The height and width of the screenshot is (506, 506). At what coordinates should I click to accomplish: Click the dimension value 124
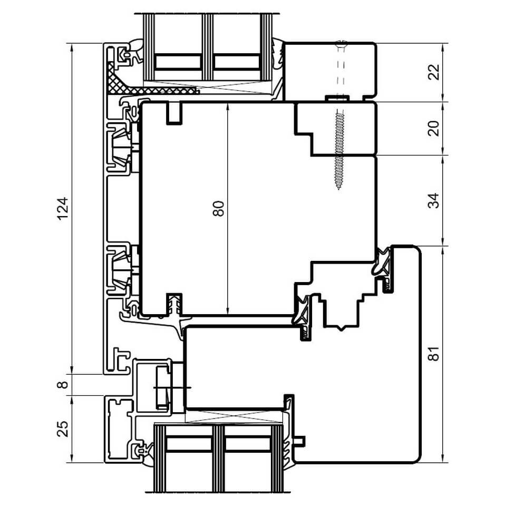tap(63, 209)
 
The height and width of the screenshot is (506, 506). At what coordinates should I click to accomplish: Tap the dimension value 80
tap(218, 209)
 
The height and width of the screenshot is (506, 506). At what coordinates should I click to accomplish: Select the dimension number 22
tap(435, 72)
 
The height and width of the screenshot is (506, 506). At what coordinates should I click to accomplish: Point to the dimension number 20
tap(435, 129)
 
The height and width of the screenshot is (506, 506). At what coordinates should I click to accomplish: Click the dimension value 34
tap(435, 200)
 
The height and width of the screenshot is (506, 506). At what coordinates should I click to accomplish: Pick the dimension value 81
tap(435, 353)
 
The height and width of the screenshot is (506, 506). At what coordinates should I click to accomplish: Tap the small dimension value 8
tap(64, 384)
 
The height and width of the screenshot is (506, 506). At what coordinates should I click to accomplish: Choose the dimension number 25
tap(63, 429)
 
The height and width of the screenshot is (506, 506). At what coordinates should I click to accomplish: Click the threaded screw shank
tap(338, 149)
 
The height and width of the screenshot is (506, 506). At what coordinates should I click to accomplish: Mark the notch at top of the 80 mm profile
tap(174, 113)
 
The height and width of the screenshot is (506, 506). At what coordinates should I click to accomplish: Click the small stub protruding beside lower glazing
tap(300, 441)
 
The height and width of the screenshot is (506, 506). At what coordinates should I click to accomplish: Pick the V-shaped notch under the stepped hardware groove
tap(341, 328)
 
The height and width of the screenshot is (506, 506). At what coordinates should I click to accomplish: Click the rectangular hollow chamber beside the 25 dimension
tap(120, 429)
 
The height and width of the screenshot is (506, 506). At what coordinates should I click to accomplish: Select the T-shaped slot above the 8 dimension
tap(121, 359)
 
